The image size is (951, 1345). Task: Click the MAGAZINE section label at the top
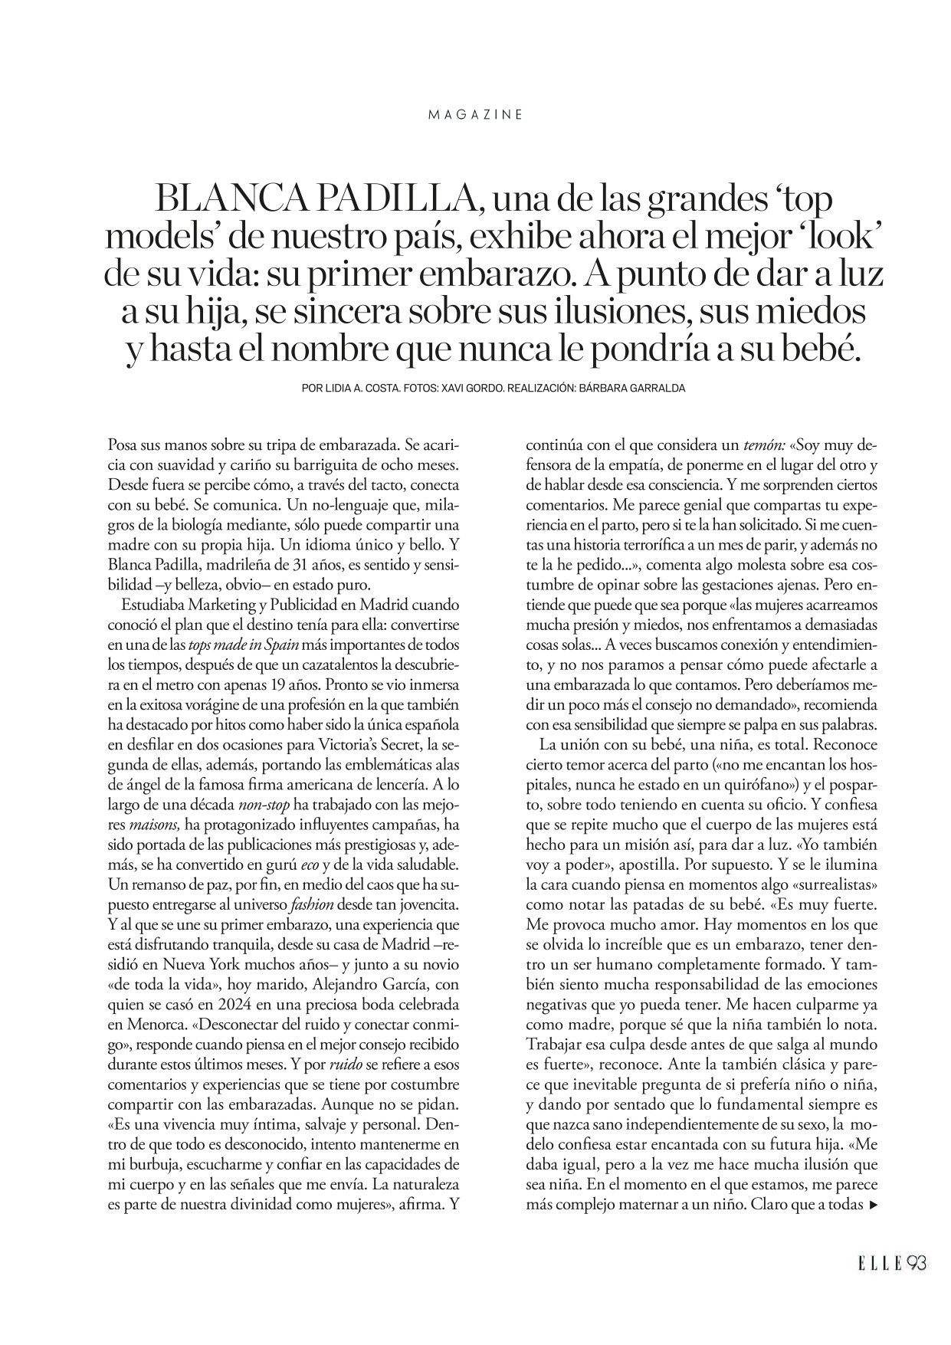(475, 114)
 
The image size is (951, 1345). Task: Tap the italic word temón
(762, 445)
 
